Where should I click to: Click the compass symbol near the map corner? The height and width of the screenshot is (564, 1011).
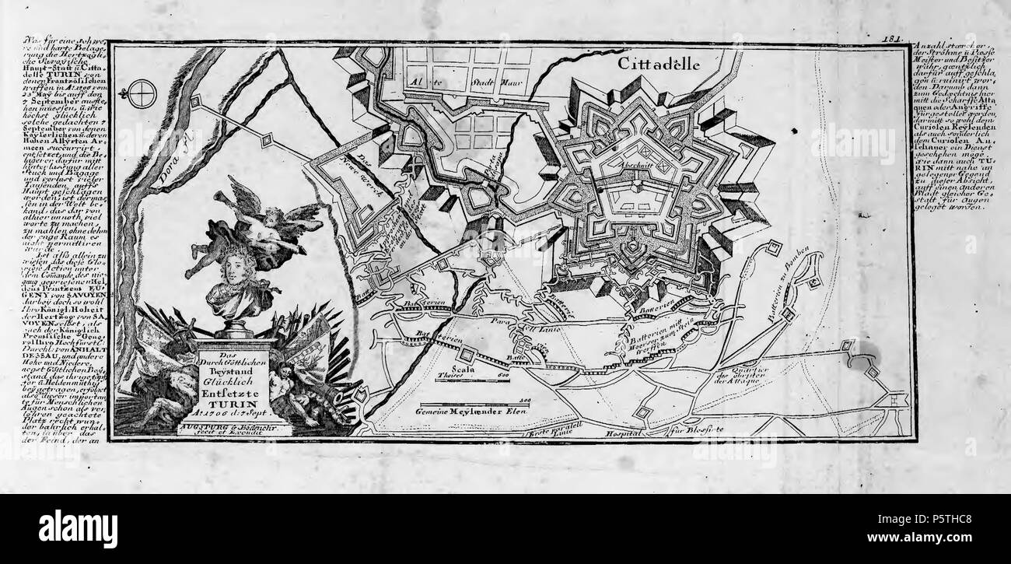click(x=142, y=95)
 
